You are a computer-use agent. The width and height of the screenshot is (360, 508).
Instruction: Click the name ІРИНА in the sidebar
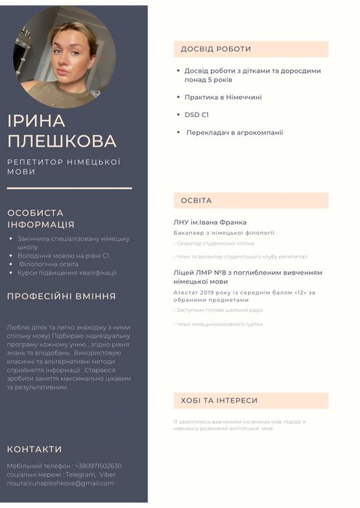pos(36,121)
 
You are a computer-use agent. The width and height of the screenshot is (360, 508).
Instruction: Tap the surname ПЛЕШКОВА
pos(62,141)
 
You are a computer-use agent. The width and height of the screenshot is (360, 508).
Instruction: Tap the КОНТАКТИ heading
pos(34,449)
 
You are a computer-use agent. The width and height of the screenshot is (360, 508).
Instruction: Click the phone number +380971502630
pos(98,466)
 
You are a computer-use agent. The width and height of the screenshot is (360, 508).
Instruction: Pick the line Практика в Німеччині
pos(223,97)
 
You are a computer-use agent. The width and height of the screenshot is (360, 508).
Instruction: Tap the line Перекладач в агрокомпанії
pos(234,133)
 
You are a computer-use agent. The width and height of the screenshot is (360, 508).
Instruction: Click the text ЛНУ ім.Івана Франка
pos(210,222)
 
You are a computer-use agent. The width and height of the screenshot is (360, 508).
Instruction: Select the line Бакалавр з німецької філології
pos(223,233)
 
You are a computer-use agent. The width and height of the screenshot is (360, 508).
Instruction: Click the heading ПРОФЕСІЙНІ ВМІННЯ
pos(62,297)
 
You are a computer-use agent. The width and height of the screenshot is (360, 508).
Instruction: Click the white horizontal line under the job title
pos(69,188)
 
